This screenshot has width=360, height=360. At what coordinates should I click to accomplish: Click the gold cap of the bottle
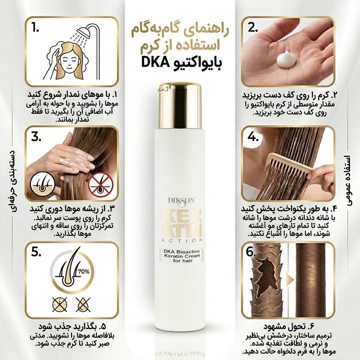click(180, 105)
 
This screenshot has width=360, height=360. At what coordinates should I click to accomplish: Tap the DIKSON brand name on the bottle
click(182, 201)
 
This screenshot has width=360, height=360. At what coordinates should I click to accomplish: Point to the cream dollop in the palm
click(286, 59)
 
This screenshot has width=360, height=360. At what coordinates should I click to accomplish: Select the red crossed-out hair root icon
click(100, 184)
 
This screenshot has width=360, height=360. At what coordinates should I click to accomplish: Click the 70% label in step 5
click(84, 272)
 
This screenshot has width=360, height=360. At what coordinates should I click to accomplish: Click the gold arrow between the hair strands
click(290, 280)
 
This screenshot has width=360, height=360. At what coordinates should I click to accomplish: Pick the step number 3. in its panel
click(36, 137)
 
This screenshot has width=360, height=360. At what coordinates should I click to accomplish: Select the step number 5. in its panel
click(36, 252)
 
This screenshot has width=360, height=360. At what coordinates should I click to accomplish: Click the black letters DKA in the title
click(155, 62)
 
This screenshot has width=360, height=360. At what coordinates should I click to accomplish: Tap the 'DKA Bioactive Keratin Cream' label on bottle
click(182, 256)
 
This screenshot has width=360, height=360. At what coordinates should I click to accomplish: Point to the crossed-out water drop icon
click(83, 305)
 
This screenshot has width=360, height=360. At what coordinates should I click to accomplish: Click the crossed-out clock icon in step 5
click(60, 305)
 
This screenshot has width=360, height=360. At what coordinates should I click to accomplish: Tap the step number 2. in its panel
click(252, 28)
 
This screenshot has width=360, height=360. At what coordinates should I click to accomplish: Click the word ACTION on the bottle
click(182, 240)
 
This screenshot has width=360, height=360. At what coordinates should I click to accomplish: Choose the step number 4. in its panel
click(253, 137)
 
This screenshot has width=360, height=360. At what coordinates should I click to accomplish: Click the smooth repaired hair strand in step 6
click(311, 280)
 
